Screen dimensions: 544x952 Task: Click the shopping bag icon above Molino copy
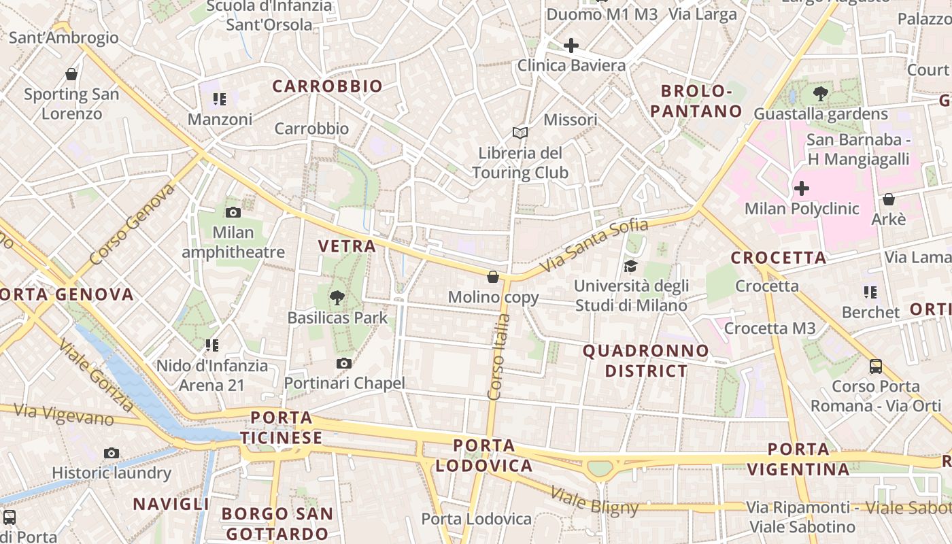click(493, 277)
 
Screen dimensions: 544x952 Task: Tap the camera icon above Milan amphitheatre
click(233, 212)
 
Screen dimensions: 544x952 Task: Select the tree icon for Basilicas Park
click(337, 296)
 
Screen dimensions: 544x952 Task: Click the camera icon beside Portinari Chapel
click(344, 363)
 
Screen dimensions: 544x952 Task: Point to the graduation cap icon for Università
click(631, 266)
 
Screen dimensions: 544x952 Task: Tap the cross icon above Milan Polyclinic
click(802, 188)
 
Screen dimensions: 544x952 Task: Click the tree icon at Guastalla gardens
click(821, 94)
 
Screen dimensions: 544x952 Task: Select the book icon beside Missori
click(520, 133)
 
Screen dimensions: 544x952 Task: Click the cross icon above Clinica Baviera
click(571, 46)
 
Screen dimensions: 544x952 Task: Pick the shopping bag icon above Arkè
click(888, 199)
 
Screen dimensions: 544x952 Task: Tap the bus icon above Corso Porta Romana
click(876, 367)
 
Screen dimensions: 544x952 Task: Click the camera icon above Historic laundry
click(112, 453)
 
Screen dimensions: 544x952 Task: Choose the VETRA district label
click(347, 246)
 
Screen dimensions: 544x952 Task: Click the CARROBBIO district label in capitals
click(328, 86)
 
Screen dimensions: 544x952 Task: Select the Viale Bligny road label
click(594, 501)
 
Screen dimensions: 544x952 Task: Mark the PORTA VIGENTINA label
click(798, 459)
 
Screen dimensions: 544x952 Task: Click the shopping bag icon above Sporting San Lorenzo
click(71, 74)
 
